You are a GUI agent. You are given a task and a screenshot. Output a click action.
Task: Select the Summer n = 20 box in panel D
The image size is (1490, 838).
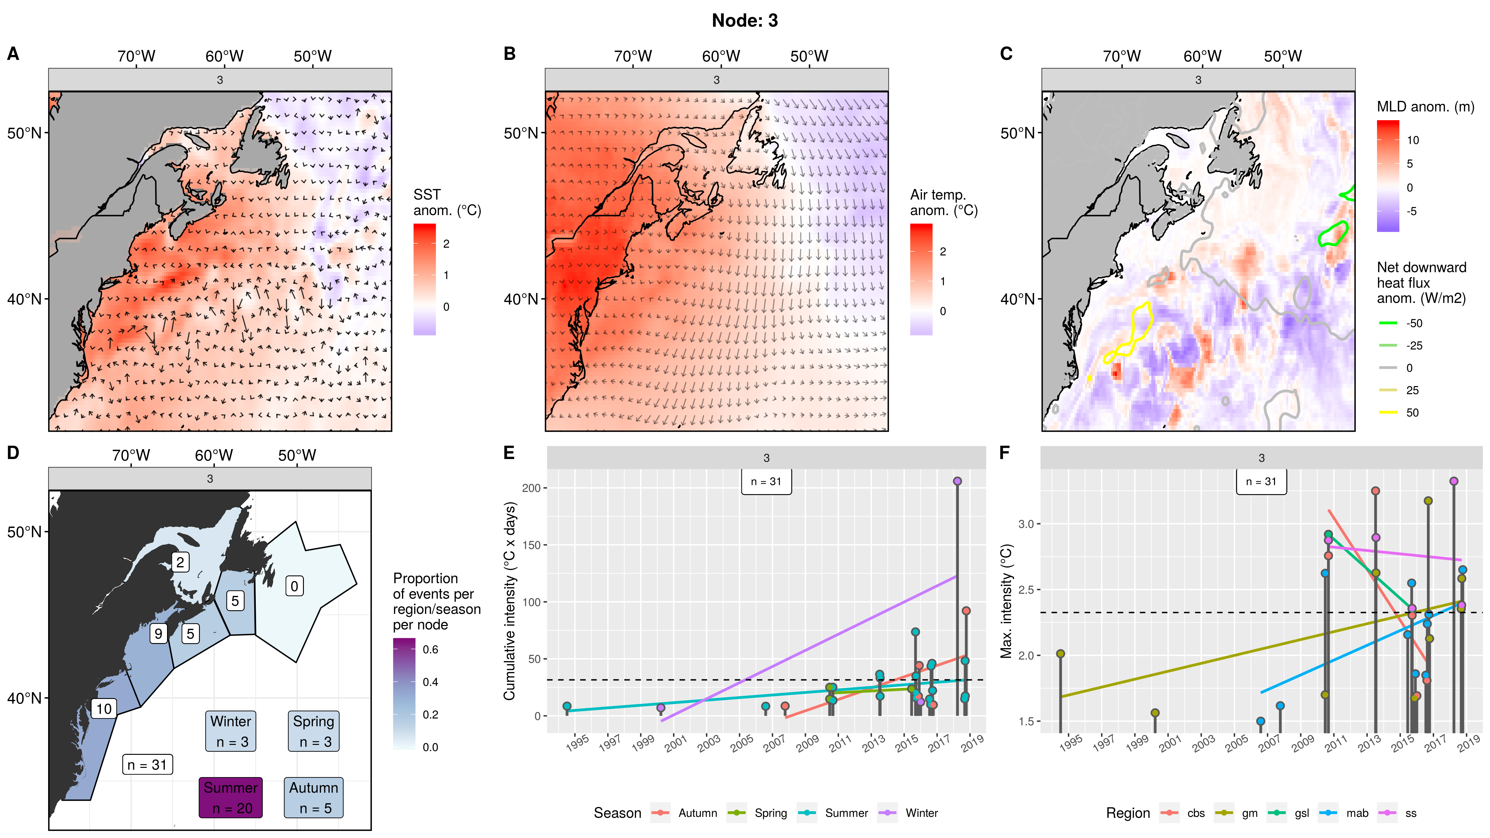[x=231, y=798]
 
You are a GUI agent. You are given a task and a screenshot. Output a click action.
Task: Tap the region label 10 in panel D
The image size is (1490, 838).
[x=104, y=709]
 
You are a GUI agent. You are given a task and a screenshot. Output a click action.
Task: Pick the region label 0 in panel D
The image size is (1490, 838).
[x=294, y=586]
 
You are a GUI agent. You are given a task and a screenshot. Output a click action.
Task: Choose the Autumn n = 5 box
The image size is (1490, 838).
[x=314, y=798]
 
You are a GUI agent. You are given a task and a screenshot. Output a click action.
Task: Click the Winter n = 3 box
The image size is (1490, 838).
[x=231, y=731]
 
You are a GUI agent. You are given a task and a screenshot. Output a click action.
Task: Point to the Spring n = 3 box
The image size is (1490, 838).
[x=314, y=731]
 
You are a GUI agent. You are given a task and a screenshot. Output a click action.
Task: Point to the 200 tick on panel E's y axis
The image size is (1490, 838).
[x=531, y=488]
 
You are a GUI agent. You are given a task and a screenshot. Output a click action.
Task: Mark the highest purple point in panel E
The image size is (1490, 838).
[x=957, y=481]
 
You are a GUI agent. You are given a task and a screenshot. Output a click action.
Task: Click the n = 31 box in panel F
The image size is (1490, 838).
[x=1262, y=482]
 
